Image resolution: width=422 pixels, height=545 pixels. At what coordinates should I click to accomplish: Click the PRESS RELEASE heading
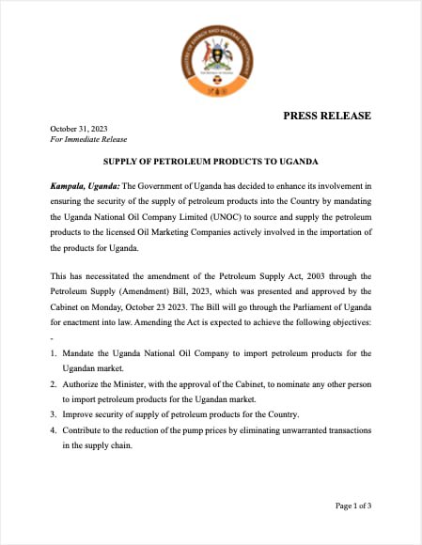click(x=327, y=116)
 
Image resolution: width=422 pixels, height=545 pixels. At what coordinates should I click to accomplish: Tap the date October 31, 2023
click(x=79, y=128)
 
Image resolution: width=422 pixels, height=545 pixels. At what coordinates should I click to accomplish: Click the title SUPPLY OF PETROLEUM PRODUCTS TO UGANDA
click(x=211, y=162)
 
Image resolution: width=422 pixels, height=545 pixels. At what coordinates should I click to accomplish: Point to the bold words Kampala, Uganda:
click(x=85, y=186)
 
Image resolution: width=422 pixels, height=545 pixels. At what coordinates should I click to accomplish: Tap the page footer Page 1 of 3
click(x=353, y=506)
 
